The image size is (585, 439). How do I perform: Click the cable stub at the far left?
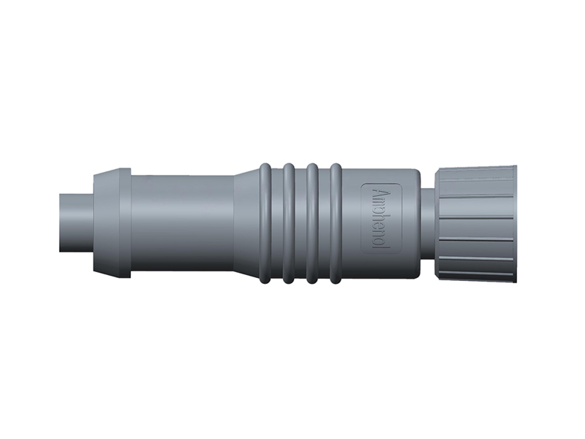point(76,223)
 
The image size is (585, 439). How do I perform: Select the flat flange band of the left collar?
point(125,223)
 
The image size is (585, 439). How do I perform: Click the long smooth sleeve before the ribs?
point(183,223)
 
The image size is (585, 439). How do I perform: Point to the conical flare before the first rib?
point(247,223)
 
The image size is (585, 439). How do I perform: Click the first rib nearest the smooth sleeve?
point(265,223)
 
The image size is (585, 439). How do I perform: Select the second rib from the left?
point(289,223)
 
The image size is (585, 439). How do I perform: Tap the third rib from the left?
point(312,223)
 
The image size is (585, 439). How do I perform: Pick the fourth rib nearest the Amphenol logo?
point(336,223)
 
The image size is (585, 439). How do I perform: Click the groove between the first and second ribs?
point(277,223)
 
